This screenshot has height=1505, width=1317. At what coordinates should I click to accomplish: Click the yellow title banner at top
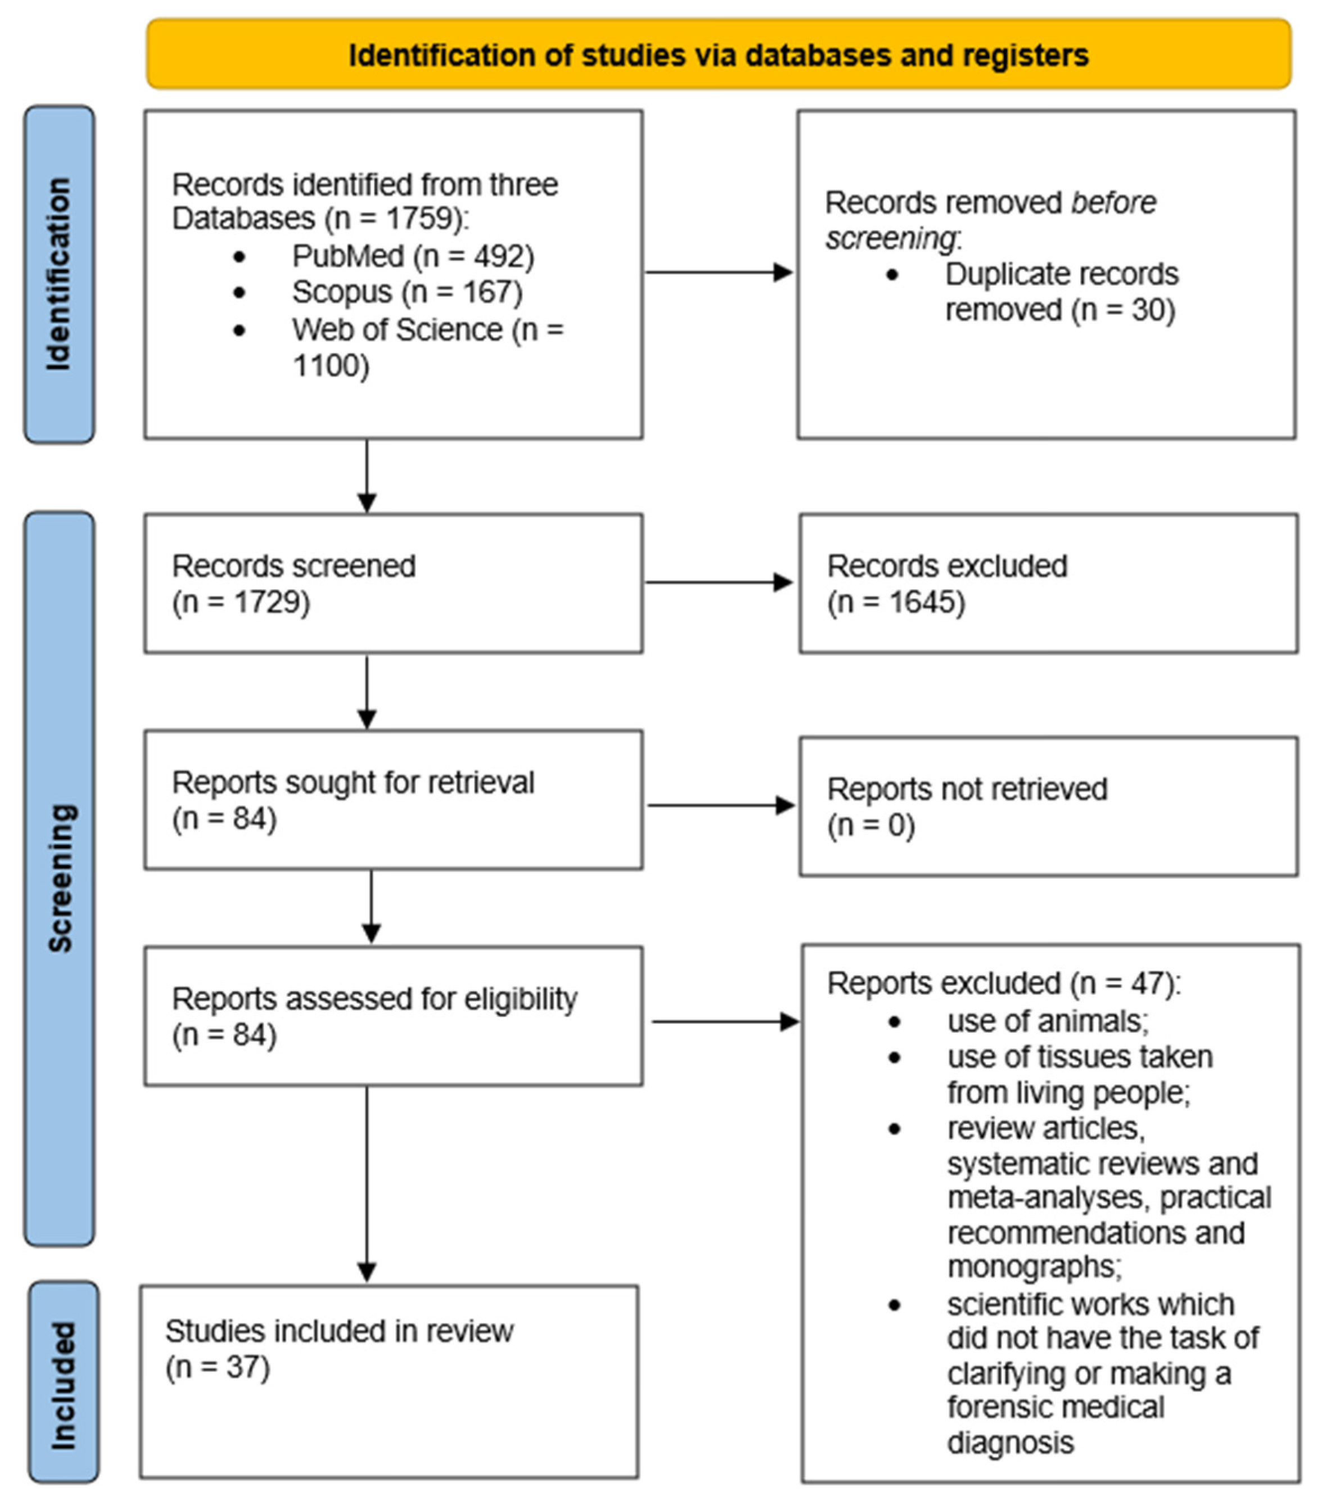point(718,55)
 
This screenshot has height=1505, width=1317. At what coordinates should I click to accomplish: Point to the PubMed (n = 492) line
point(412,256)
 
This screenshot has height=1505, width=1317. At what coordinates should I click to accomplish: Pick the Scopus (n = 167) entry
point(407,292)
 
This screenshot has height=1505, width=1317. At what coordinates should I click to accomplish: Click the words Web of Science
point(397,330)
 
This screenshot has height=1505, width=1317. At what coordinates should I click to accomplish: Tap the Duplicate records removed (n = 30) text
point(1061,292)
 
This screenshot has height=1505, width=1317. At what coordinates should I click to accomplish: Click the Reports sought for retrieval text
point(353,783)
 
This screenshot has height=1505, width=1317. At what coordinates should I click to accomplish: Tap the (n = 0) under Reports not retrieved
point(871,825)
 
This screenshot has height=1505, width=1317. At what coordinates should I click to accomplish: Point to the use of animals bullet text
point(1047,1021)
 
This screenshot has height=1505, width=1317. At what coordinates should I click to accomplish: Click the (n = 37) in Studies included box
point(218,1368)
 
